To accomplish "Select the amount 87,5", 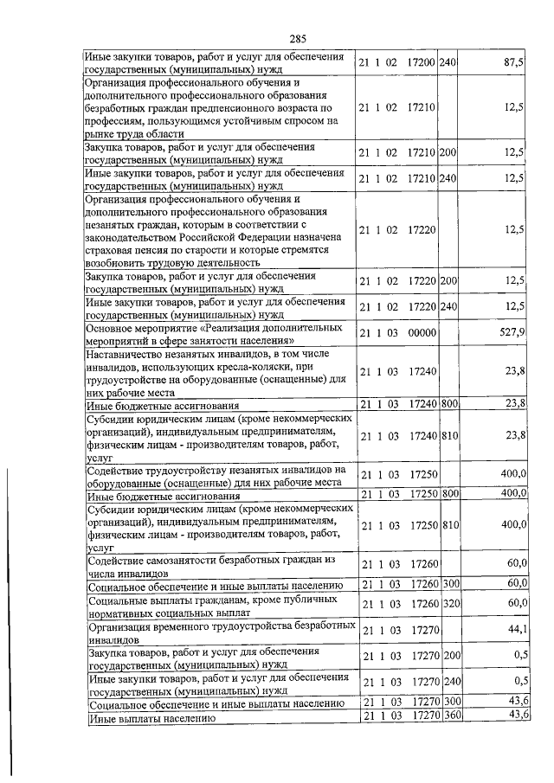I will pyautogui.click(x=513, y=63).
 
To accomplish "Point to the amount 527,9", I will pyautogui.click(x=513, y=333).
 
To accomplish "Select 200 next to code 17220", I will pyautogui.click(x=448, y=281).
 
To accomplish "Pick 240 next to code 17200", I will pyautogui.click(x=448, y=63).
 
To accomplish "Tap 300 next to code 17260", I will pyautogui.click(x=448, y=584).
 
